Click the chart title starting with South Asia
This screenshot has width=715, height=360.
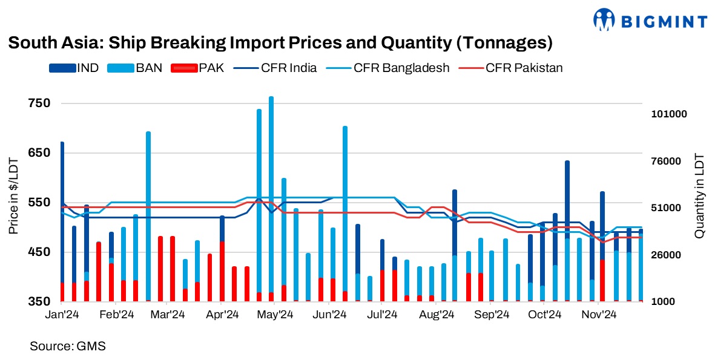[280, 44]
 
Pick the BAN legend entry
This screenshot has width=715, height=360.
[134, 68]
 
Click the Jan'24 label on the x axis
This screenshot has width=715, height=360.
[62, 315]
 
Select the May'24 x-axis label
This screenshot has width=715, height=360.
[276, 315]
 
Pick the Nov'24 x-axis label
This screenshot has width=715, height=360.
[599, 315]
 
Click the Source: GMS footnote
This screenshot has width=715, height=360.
[68, 346]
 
